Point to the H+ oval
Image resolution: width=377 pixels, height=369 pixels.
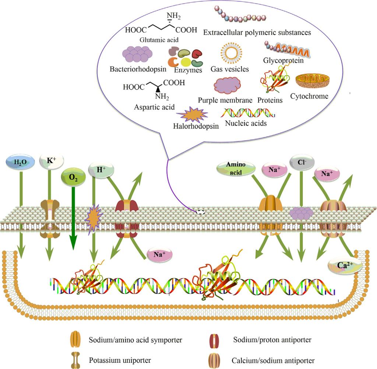click(100, 170)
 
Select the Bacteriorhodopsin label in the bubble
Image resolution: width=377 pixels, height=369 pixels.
click(138, 69)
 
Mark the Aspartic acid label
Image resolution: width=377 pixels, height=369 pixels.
click(155, 107)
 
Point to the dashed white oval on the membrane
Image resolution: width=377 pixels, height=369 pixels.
click(201, 212)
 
